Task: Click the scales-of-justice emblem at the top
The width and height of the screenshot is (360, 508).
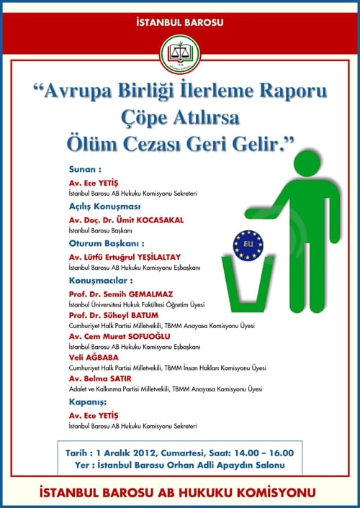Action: tap(179, 53)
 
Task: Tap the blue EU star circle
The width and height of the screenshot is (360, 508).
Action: tap(248, 245)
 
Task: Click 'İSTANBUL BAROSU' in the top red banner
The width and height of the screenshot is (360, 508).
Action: tap(179, 22)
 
